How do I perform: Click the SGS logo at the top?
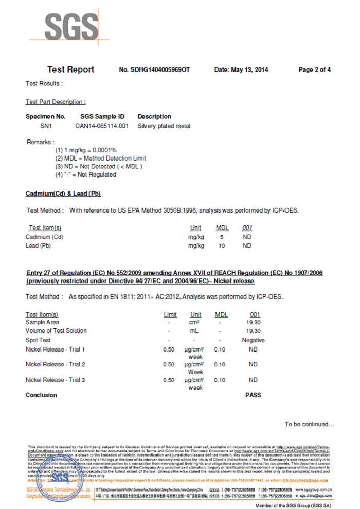point(71,26)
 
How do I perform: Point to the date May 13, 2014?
point(241,70)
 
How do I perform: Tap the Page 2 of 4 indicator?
point(314,70)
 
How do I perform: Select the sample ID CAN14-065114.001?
point(102,126)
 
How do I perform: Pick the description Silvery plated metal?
point(164,126)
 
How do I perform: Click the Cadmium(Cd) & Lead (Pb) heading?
point(63,194)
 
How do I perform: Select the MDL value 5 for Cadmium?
point(222,237)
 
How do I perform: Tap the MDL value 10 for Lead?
point(222,246)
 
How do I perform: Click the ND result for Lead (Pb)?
point(247,246)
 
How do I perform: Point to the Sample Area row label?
point(42,322)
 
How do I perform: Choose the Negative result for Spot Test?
point(253,340)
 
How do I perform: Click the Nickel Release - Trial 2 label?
point(55,364)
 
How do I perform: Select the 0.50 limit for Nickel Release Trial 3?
point(169,380)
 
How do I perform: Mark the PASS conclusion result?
point(253,395)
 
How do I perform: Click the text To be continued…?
point(310,424)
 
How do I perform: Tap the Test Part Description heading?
point(56,102)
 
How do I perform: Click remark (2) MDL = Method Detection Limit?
point(100,159)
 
